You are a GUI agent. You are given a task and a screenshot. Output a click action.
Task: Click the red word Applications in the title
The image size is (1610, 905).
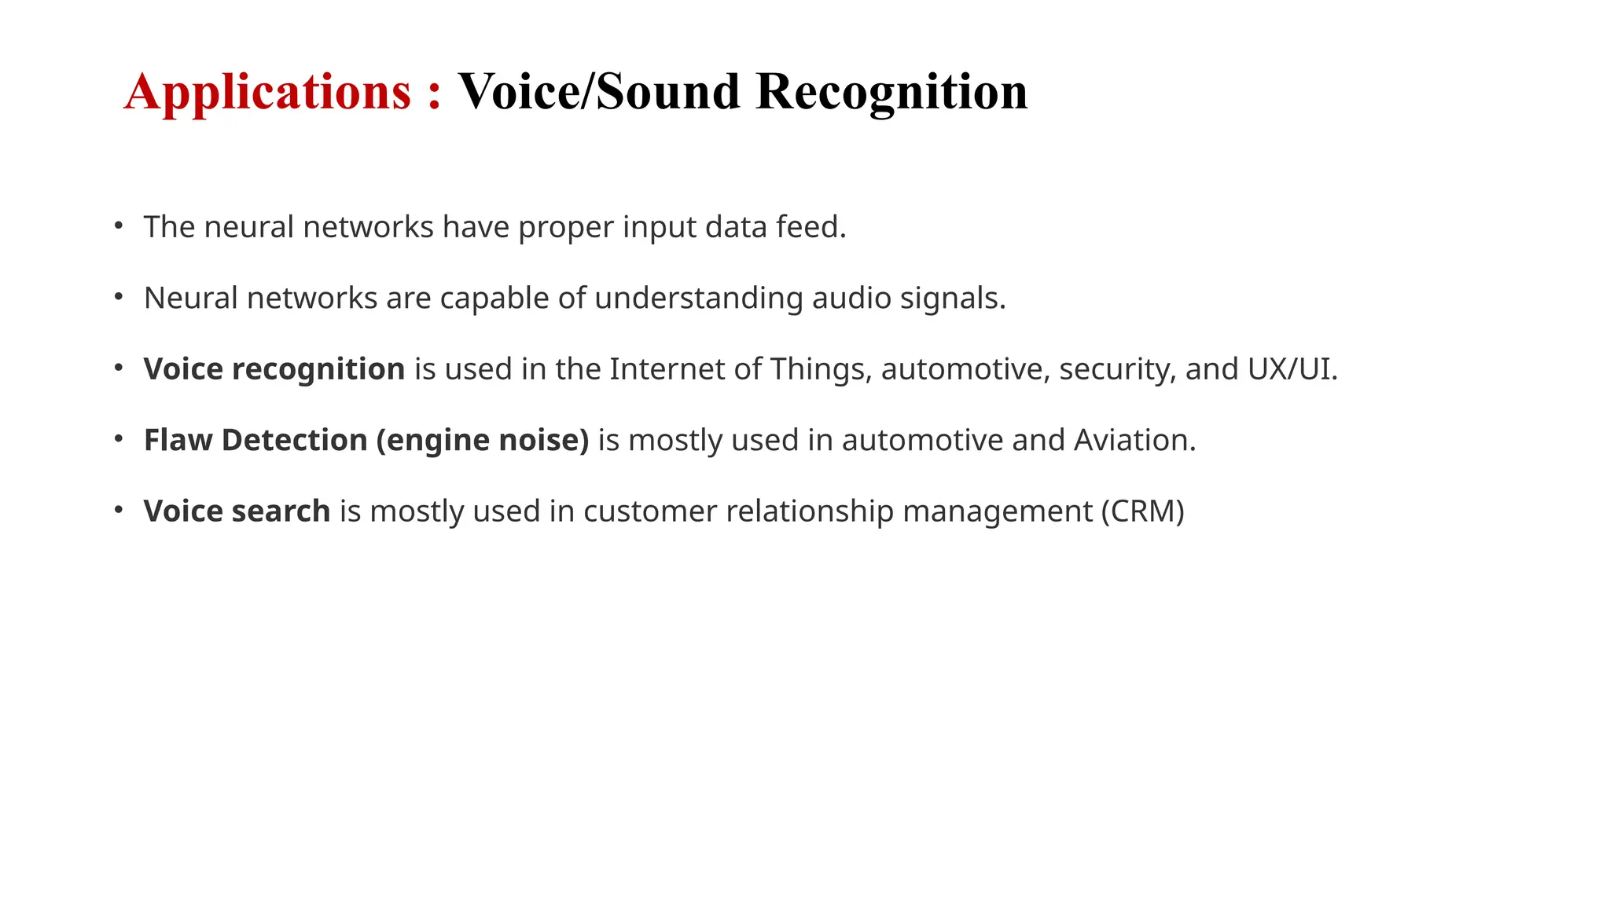click(x=267, y=93)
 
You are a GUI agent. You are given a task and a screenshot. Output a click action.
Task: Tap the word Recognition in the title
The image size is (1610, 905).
click(x=891, y=93)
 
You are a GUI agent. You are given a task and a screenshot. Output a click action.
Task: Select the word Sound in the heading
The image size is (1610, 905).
click(x=667, y=91)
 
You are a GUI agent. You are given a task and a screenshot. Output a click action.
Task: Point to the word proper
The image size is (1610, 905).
click(x=566, y=228)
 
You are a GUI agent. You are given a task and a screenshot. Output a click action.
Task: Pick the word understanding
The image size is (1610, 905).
click(x=698, y=299)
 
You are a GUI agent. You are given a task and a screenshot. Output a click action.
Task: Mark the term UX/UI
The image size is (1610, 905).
click(x=1292, y=369)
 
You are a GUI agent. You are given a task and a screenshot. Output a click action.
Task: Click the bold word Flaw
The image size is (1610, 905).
click(x=178, y=440)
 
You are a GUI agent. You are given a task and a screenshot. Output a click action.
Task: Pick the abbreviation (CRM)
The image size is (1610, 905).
click(x=1142, y=511)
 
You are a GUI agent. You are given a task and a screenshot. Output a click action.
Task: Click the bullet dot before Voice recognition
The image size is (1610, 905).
click(x=119, y=368)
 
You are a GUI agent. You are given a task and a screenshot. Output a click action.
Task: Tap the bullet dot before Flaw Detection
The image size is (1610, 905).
click(x=119, y=438)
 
